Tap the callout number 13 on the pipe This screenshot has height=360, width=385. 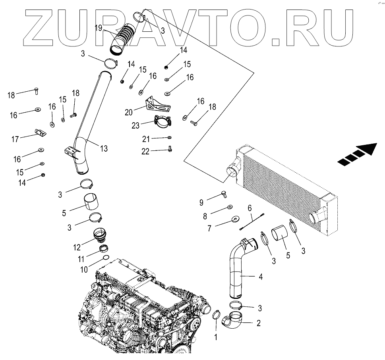click(104, 148)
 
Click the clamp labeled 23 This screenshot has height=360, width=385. click(162, 122)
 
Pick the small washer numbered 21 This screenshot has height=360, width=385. click(170, 137)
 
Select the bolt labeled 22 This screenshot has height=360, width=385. click(170, 149)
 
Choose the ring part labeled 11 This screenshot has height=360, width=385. click(104, 249)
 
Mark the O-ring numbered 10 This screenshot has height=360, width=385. click(106, 258)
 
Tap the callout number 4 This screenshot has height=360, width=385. click(261, 277)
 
